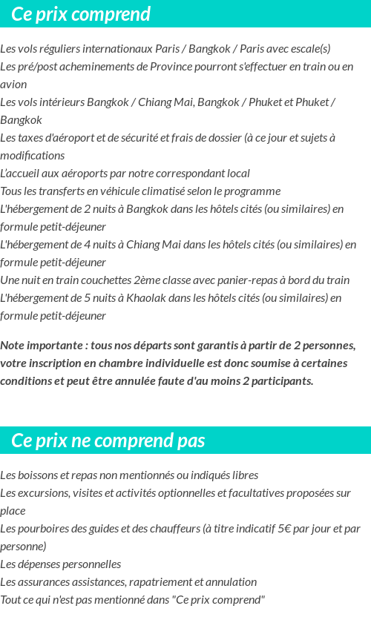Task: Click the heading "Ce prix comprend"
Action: point(81,14)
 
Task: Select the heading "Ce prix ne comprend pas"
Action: point(108,441)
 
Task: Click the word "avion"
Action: point(13,85)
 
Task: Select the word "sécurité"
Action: point(199,138)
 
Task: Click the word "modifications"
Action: point(33,156)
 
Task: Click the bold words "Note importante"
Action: point(42,346)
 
